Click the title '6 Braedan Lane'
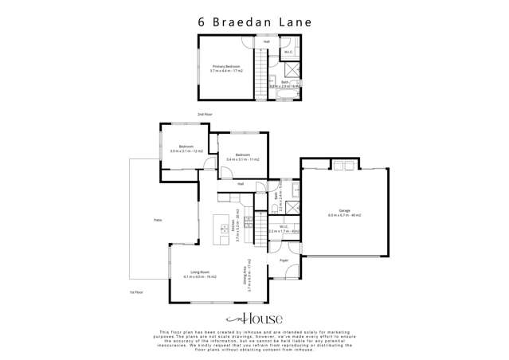click(254, 22)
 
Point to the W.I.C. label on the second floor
click(288, 53)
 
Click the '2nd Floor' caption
click(206, 115)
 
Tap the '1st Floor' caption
click(136, 293)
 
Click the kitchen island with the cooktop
click(224, 230)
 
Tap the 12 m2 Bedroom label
click(187, 148)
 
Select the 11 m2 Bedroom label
click(239, 158)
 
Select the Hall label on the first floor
click(240, 184)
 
